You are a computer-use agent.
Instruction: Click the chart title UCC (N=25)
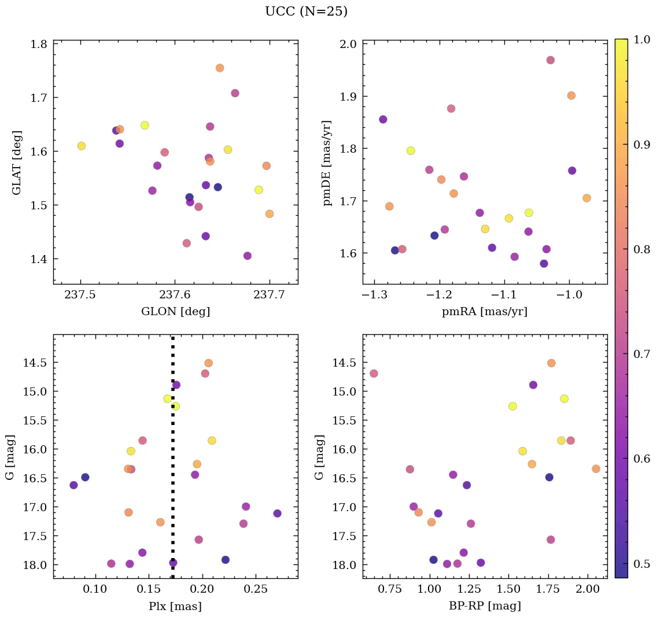coord(306,12)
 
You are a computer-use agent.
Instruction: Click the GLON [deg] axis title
coord(175,312)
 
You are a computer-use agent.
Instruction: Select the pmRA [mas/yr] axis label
coord(485,312)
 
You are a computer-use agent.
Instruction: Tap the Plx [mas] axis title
coord(175,606)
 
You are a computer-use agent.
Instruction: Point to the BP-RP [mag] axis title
coord(485,606)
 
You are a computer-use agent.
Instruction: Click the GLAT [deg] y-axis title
coord(17,162)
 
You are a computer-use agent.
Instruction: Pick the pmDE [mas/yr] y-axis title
coord(327,162)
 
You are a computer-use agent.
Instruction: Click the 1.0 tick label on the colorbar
coord(642,39)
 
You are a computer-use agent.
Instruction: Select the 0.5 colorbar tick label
coord(642,564)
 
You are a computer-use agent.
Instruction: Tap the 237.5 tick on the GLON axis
coord(81,295)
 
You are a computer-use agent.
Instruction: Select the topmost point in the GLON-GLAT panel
coord(220,68)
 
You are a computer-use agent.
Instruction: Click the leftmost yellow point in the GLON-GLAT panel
coord(82,146)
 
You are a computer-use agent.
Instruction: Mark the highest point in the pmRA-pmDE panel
coord(551,60)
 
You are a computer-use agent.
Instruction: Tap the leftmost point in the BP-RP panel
coord(374,374)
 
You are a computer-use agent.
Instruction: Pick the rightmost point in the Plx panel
coord(278,513)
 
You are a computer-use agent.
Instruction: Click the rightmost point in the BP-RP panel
coord(596,469)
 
